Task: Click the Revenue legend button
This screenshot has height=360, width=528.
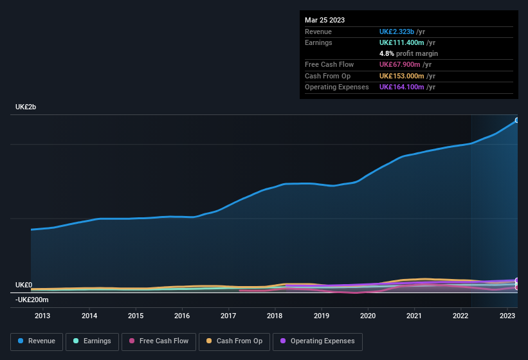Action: (x=37, y=341)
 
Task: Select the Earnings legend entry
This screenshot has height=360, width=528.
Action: (x=92, y=341)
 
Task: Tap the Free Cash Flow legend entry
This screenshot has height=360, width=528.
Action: (x=159, y=341)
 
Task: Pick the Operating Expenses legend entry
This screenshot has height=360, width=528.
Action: (x=318, y=341)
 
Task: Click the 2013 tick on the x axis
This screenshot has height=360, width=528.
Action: (x=42, y=316)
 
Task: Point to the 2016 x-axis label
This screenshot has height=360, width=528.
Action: (x=182, y=316)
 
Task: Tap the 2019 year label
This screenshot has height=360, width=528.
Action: (x=321, y=316)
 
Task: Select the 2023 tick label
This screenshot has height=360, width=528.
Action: (x=507, y=316)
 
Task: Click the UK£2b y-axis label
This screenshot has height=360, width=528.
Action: (x=26, y=107)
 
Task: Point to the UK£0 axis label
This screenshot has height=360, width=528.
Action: (x=24, y=285)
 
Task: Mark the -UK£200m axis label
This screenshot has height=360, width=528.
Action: (x=32, y=300)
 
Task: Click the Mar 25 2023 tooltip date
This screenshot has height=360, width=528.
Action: (x=325, y=20)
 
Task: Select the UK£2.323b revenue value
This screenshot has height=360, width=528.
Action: (x=397, y=32)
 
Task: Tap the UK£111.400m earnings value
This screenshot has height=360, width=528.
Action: (x=401, y=42)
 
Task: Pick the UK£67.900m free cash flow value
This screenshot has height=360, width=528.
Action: (x=399, y=64)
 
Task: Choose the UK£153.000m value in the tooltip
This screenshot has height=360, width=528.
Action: (x=401, y=76)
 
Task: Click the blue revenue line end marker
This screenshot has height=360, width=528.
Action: (x=516, y=120)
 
